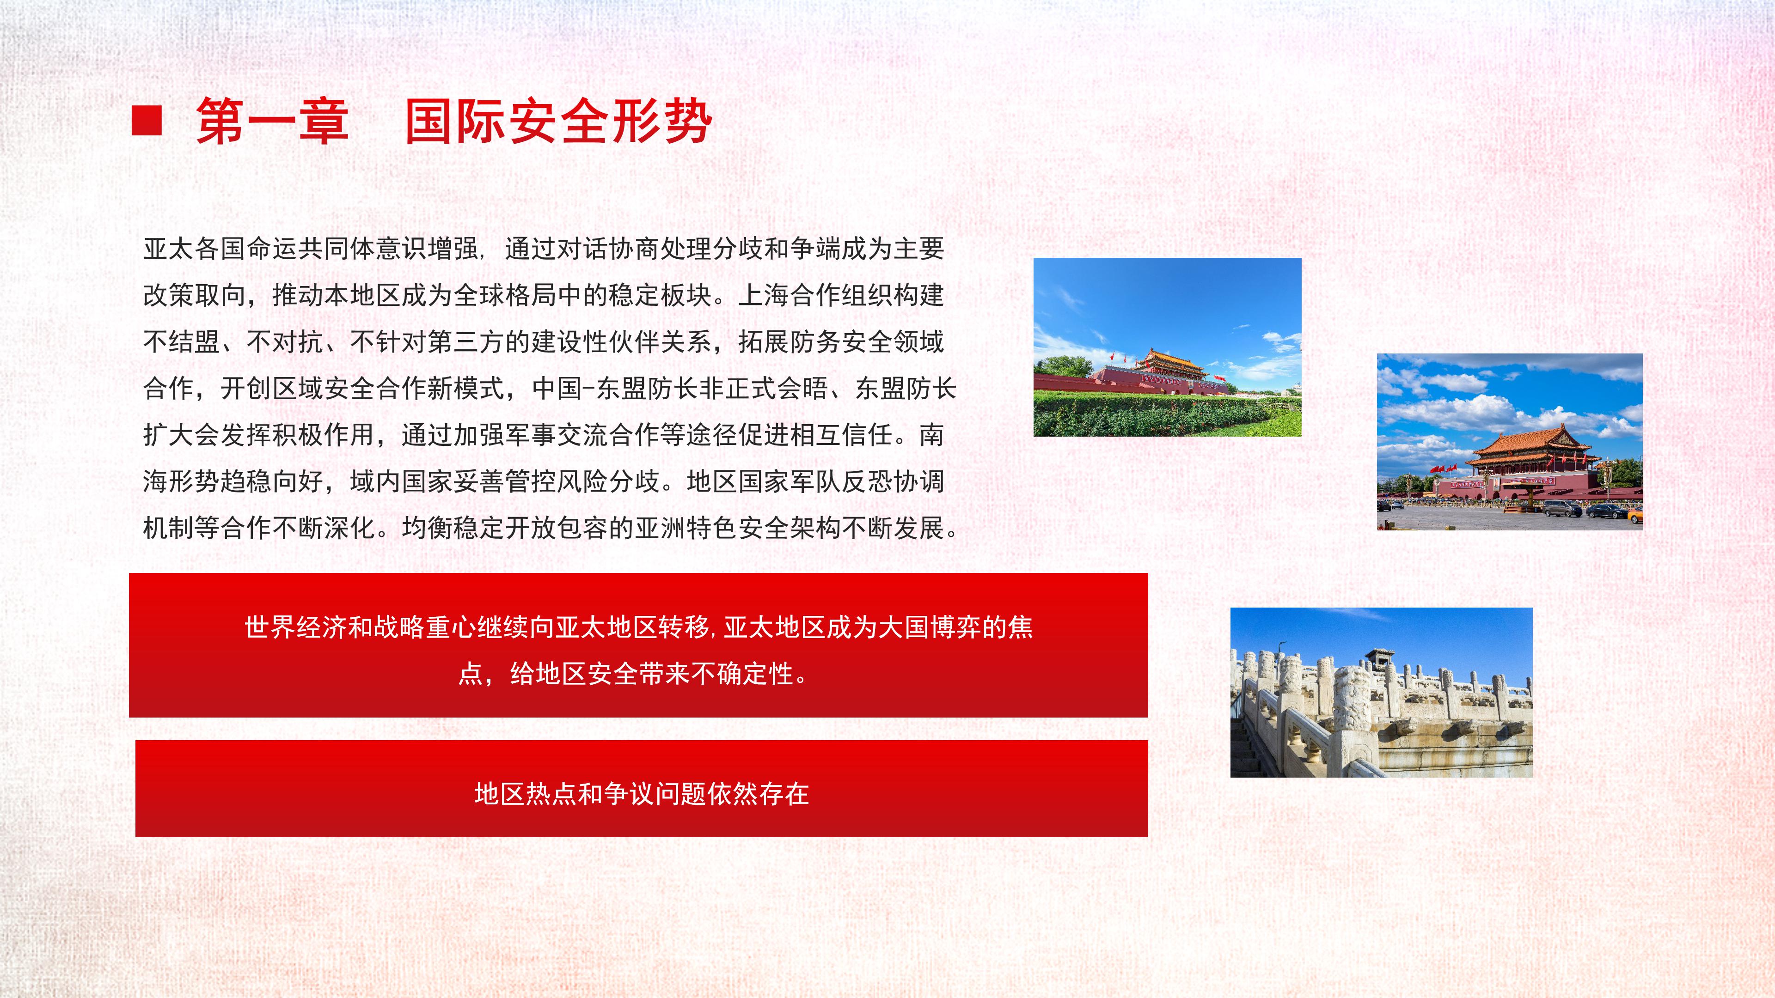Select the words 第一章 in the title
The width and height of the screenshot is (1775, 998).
pyautogui.click(x=272, y=121)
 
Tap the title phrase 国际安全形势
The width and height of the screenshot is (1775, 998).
pyautogui.click(x=558, y=121)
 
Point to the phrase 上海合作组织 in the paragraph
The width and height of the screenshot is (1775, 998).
pyautogui.click(x=814, y=296)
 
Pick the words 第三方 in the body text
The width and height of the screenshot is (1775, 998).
pyautogui.click(x=466, y=341)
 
